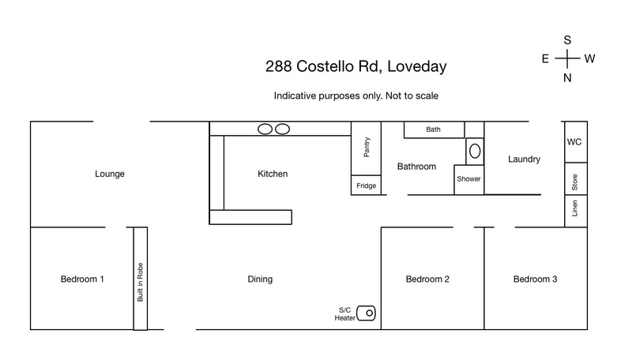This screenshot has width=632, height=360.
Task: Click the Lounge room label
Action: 110,174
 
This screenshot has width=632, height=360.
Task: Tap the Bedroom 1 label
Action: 82,279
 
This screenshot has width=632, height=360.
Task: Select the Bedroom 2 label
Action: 427,279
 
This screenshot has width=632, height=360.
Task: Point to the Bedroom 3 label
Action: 535,279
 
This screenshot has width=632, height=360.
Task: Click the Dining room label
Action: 260,279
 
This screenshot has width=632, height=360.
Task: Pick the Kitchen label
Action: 273,174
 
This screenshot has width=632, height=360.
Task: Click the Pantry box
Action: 366,148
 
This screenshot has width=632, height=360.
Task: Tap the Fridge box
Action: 366,186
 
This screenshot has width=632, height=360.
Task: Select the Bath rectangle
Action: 434,129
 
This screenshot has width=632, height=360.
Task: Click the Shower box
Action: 468,179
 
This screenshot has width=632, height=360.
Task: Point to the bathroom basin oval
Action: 475,152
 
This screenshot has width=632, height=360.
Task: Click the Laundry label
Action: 524,159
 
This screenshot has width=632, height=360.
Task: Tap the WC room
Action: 576,142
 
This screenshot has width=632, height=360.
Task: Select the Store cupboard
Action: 576,178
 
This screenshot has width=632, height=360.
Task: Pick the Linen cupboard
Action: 576,211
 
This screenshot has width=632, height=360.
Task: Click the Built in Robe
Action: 141,279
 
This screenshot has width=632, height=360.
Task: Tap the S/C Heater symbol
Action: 366,313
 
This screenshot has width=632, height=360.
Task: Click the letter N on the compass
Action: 567,77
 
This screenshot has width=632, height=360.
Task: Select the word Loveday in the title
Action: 417,66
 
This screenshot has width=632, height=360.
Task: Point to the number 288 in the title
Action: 279,66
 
